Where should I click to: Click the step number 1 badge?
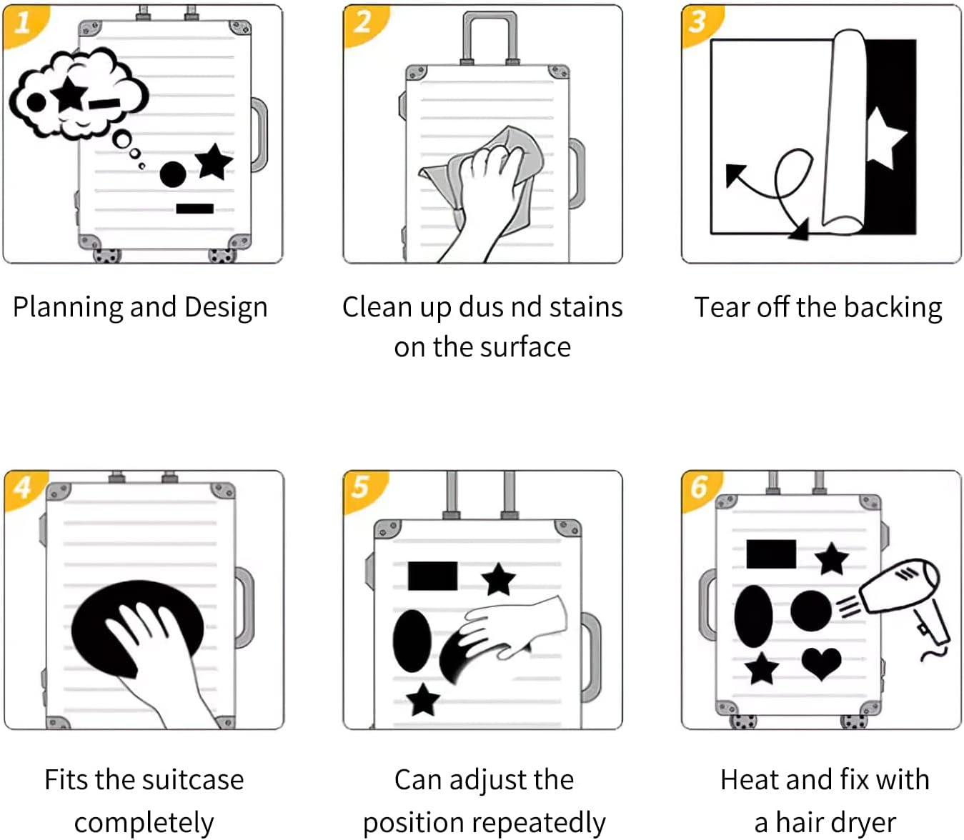[x=21, y=23]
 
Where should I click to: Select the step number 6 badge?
[x=698, y=487]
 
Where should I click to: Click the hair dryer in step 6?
[x=904, y=593]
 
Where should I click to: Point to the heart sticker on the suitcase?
[x=821, y=662]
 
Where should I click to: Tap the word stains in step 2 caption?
[x=585, y=307]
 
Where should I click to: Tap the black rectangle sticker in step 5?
[x=432, y=576]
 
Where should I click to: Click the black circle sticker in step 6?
[x=811, y=611]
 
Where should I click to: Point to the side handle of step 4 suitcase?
[x=244, y=607]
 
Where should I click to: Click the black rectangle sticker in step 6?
[x=771, y=554]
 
